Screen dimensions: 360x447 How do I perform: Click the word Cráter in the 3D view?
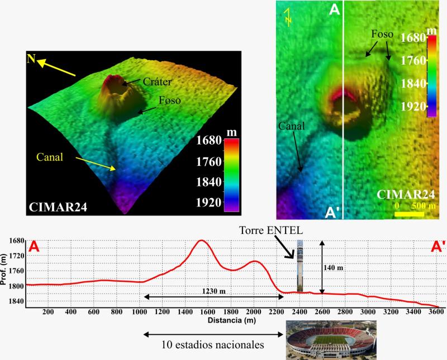pyautogui.click(x=157, y=81)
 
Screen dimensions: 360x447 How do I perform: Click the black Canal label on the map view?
pyautogui.click(x=291, y=126)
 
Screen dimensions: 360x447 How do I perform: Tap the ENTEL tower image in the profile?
pyautogui.click(x=301, y=266)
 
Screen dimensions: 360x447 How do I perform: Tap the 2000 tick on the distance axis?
pyautogui.click(x=253, y=311)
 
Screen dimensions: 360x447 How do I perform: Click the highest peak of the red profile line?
pyautogui.click(x=201, y=241)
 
